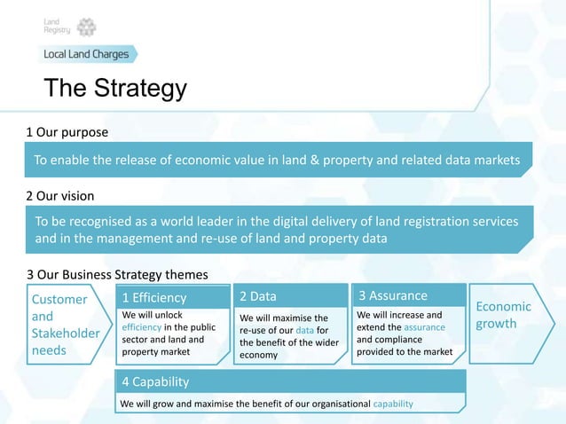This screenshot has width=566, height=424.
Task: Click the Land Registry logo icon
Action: point(86,25)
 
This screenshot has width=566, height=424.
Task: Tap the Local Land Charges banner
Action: point(87,54)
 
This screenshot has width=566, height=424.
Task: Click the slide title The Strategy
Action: point(115,90)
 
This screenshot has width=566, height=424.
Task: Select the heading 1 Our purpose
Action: point(67,132)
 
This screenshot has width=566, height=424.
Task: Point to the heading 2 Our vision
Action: point(59,195)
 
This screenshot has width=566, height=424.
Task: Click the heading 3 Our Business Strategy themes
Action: point(116,274)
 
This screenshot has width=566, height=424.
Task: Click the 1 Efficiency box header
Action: point(154,297)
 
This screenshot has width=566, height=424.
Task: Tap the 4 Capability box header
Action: point(156,382)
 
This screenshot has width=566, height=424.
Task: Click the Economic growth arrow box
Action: point(502,315)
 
